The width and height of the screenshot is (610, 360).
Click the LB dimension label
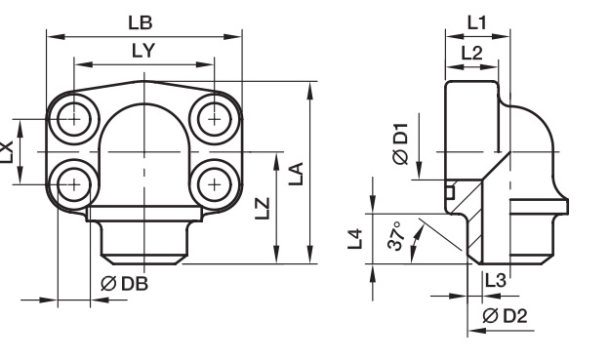point(141,22)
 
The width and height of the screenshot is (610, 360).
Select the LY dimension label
point(143,51)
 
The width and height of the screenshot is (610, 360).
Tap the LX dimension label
point(7,152)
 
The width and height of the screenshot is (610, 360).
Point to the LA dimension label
point(296,174)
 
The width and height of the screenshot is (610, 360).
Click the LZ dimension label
point(263,209)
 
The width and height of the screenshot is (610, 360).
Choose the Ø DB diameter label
point(125,284)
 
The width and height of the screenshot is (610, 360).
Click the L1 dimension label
point(477,23)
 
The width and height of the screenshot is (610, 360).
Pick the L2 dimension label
point(471,53)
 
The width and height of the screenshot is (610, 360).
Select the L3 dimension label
point(495,280)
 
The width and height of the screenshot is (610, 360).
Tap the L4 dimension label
point(355,239)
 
